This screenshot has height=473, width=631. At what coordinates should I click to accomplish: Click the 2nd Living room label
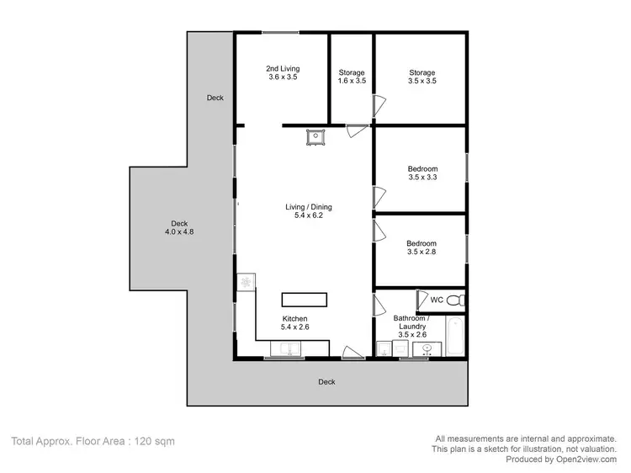pyautogui.click(x=283, y=72)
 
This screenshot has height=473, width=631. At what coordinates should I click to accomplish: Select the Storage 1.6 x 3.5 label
pyautogui.click(x=351, y=77)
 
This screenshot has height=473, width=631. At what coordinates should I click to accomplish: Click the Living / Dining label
pyautogui.click(x=303, y=210)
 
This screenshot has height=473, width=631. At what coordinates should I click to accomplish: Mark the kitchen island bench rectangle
pyautogui.click(x=303, y=300)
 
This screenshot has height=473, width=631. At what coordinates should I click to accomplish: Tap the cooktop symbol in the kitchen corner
pyautogui.click(x=246, y=282)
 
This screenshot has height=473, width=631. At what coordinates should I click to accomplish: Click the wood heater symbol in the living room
pyautogui.click(x=315, y=137)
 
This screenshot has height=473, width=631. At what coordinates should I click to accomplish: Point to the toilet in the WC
pyautogui.click(x=454, y=300)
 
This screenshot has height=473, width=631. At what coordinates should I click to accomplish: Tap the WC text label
pyautogui.click(x=437, y=300)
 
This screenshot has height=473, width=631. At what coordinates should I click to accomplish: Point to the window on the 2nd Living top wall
pyautogui.click(x=278, y=33)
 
